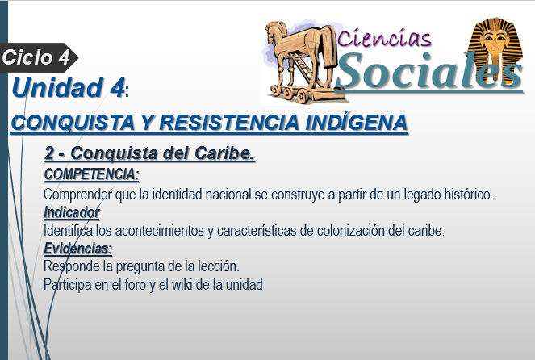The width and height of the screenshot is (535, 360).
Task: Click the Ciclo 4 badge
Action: (x=39, y=57)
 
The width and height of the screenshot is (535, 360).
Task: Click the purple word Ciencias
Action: (x=384, y=38)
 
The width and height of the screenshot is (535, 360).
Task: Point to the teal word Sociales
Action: (x=429, y=72)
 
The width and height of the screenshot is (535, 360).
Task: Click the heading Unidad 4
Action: (x=68, y=88)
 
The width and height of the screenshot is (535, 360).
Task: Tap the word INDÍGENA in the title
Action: (x=356, y=123)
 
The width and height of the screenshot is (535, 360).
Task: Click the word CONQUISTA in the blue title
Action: (x=73, y=123)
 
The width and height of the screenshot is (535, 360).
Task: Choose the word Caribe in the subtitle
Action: (x=224, y=153)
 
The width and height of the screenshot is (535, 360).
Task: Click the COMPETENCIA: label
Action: (x=91, y=174)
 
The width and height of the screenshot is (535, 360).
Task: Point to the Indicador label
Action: (x=72, y=212)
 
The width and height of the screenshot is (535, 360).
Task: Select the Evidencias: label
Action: (x=77, y=249)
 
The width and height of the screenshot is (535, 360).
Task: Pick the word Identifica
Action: (x=68, y=231)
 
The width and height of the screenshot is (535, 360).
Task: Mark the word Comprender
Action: (x=77, y=195)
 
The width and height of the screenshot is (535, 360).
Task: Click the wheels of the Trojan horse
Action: (x=290, y=93)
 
